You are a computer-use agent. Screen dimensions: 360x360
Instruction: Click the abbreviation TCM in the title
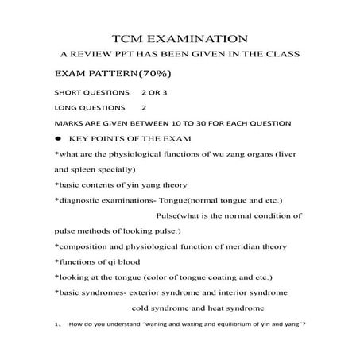click(132, 38)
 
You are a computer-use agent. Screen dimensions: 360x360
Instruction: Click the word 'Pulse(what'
click(182, 216)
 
